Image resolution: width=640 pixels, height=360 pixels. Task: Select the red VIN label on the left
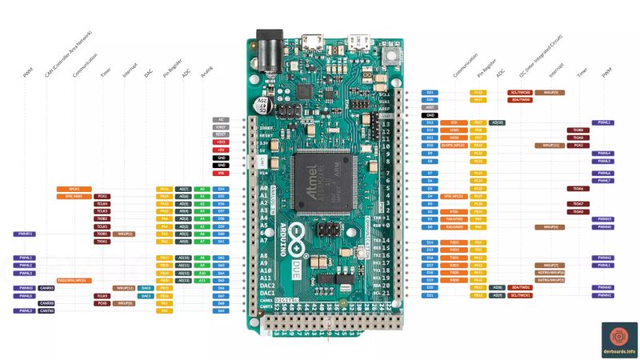222,173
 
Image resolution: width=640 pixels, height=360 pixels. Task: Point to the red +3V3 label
222,142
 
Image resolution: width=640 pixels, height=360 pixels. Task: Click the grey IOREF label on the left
222,127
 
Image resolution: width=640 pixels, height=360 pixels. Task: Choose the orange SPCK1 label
74,189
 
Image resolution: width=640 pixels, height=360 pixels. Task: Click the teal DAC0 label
146,288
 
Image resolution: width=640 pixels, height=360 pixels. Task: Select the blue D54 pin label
222,189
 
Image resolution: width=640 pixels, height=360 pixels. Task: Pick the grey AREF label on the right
430,107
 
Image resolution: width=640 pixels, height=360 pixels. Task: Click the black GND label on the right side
430,115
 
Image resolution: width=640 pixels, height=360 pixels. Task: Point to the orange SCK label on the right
454,122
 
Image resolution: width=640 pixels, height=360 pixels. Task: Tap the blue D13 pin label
430,122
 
